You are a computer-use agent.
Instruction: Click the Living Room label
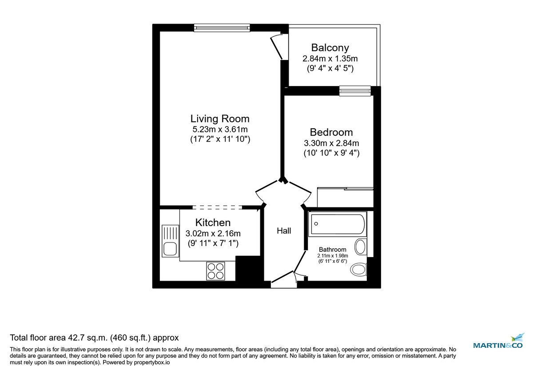[x=220, y=119]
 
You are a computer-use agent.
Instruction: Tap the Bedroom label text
[x=331, y=132]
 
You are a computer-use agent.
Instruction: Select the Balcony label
[x=330, y=48]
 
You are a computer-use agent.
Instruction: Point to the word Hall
[x=284, y=231]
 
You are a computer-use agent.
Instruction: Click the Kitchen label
[x=213, y=222]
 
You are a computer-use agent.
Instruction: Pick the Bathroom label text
[x=333, y=250]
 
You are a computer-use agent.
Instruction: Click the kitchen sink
[x=171, y=241]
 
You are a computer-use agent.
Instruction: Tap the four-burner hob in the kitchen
[x=215, y=270]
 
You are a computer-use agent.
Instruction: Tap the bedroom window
[x=355, y=91]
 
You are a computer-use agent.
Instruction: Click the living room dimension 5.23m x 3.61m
[x=219, y=130]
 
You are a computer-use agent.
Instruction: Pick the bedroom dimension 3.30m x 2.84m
[x=331, y=143]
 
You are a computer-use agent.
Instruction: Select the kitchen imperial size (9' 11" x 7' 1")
[x=212, y=243]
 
